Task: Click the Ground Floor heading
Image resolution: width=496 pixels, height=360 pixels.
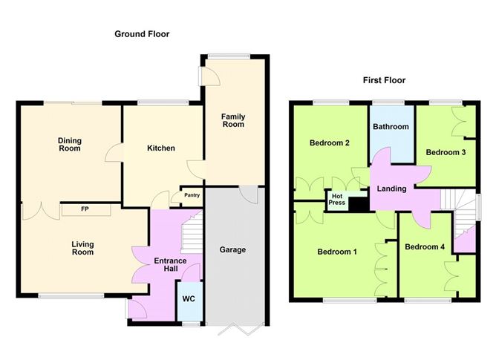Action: coord(141,34)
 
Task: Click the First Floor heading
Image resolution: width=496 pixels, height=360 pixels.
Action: coord(384,80)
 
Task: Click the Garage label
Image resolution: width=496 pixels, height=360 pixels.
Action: coord(232,249)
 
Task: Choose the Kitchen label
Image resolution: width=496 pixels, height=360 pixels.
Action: coord(160,148)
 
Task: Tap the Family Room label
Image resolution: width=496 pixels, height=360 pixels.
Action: coord(233,120)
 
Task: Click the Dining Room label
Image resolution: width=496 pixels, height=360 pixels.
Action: coord(71,145)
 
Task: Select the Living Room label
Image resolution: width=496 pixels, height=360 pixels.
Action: coord(82,248)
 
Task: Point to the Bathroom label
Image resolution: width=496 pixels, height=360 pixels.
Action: coord(391,127)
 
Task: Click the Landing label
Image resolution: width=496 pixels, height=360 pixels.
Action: coord(391,189)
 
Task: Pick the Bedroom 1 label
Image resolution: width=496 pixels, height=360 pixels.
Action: coord(337,252)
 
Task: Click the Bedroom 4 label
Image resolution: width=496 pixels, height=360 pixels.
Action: coord(425,246)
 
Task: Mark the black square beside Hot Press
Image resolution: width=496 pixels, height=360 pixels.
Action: coord(358,205)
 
